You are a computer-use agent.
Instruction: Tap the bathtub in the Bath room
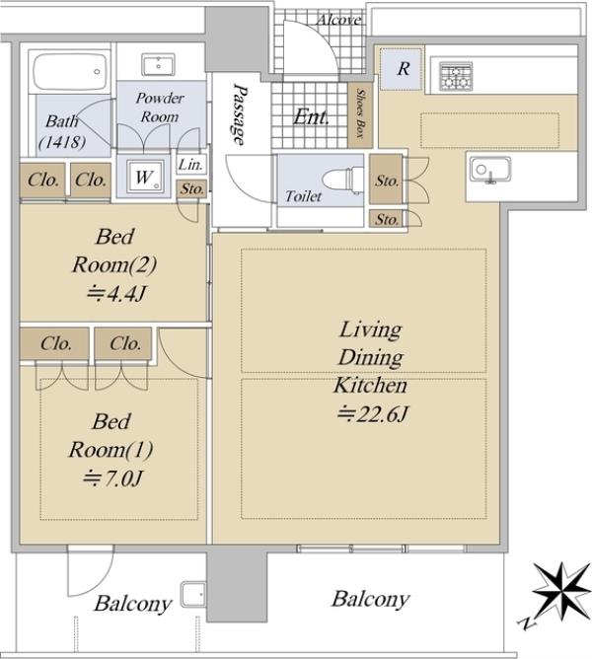pos(70,71)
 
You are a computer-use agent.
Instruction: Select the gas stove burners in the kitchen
pos(456,76)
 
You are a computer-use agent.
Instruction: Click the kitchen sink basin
pos(490,171)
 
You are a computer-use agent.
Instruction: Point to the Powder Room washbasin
pos(158,64)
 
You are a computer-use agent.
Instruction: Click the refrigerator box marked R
pos(401,69)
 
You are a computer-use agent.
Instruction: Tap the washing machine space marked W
pos(144,177)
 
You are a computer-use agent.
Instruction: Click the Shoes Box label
pos(360,112)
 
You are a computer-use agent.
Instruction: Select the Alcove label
pos(338,20)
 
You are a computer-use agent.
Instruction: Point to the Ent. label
pos(311,116)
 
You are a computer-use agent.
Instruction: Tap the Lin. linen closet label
pos(190,165)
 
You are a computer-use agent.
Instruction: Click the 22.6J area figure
pos(373,414)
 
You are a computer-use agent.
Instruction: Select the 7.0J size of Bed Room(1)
pos(113,477)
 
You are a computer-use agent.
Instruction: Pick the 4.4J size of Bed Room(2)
pos(116,293)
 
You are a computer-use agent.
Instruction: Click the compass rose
pos(561,592)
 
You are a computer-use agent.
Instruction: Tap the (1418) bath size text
pos(62,142)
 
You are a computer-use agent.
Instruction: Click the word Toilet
pos(303,196)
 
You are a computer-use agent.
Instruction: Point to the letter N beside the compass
pos(527,623)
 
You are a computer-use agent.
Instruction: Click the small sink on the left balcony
pos(193,594)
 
